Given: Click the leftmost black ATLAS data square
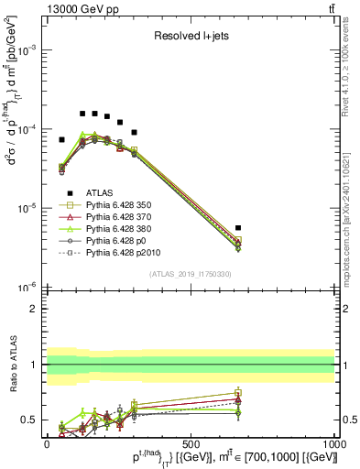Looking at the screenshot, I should click(61, 140).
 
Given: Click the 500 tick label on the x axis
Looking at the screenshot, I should click(191, 442).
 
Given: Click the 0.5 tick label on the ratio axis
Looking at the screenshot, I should click(28, 420).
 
